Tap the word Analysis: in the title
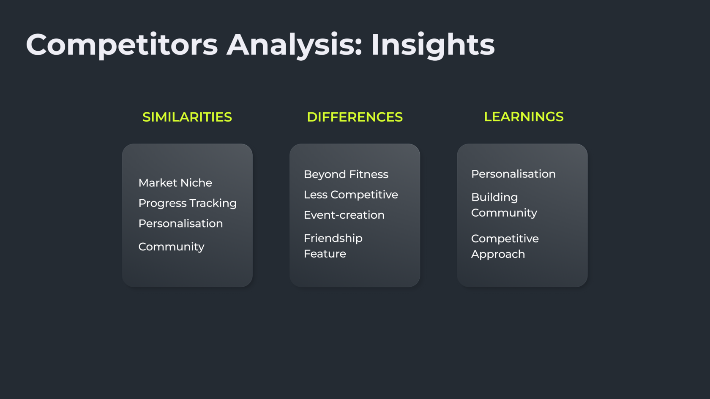pyautogui.click(x=294, y=45)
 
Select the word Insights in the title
pyautogui.click(x=433, y=45)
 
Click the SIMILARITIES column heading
pyautogui.click(x=187, y=117)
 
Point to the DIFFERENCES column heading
pyautogui.click(x=355, y=117)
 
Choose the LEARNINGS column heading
pyautogui.click(x=524, y=117)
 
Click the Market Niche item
pyautogui.click(x=175, y=183)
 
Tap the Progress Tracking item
pyautogui.click(x=187, y=204)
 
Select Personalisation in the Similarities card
pyautogui.click(x=181, y=224)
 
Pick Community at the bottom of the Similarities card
pyautogui.click(x=171, y=247)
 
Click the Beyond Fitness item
pyautogui.click(x=346, y=174)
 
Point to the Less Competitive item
pyautogui.click(x=351, y=195)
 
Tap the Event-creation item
pyautogui.click(x=344, y=215)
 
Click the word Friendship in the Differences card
pyautogui.click(x=333, y=239)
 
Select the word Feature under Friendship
pyautogui.click(x=325, y=254)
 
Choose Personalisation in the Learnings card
pyautogui.click(x=513, y=174)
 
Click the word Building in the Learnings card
pyautogui.click(x=494, y=198)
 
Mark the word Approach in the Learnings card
pyautogui.click(x=498, y=255)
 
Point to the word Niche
pyautogui.click(x=196, y=183)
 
